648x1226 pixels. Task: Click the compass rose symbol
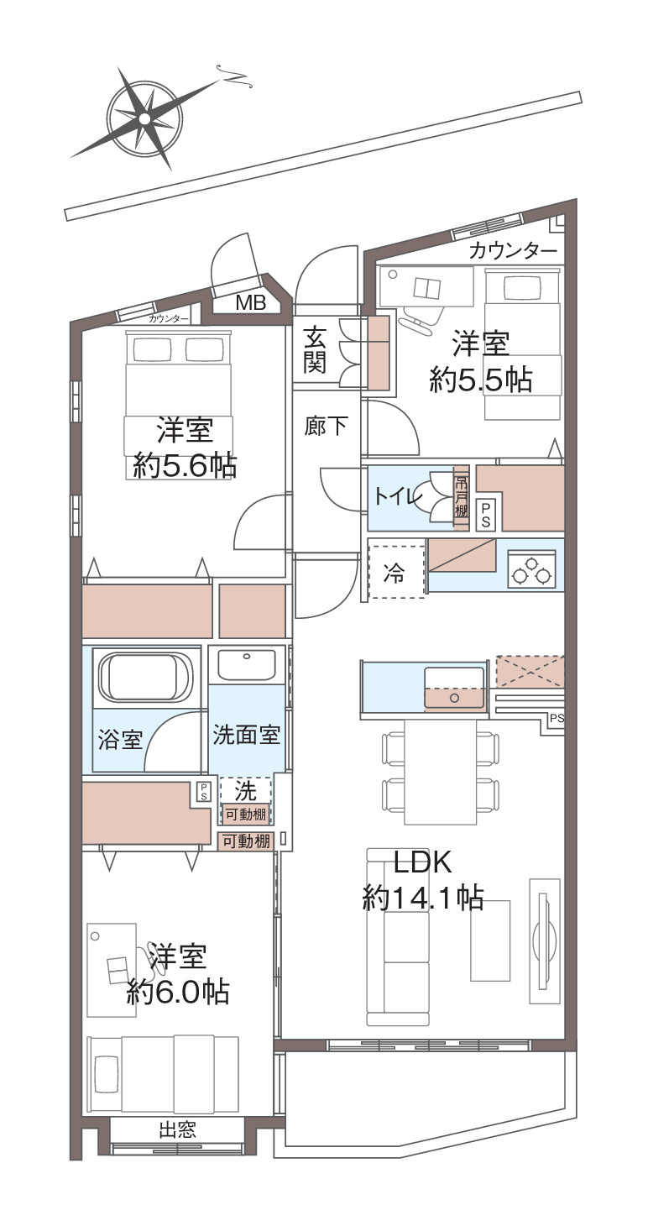coord(144,118)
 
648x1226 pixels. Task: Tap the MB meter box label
coord(250,302)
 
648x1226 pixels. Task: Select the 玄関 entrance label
coord(316,349)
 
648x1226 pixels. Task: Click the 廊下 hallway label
coord(327,427)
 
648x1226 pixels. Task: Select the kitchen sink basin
coord(455,688)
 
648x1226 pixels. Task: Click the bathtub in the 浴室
coord(146,678)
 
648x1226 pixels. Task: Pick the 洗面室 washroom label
coord(247,735)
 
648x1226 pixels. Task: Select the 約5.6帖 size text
coord(185,467)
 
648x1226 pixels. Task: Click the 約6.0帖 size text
coord(178,991)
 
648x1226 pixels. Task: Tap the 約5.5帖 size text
coord(481,380)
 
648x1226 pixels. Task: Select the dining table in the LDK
coord(440,771)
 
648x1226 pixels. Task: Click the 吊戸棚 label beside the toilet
coord(462,496)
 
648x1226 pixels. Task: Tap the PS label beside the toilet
coord(485,516)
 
